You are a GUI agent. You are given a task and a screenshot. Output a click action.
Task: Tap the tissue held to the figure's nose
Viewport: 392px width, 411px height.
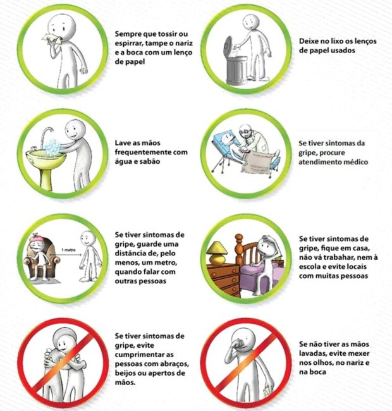(44, 40)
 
